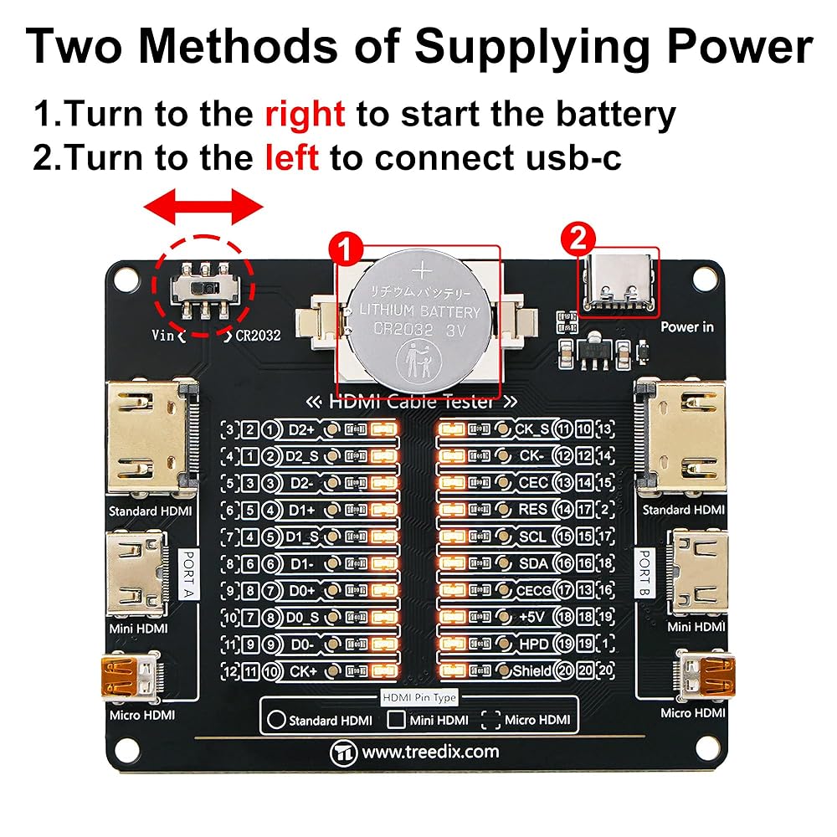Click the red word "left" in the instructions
(x=292, y=157)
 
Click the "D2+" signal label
(x=302, y=430)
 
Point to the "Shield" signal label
(x=531, y=670)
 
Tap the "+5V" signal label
(x=532, y=617)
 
